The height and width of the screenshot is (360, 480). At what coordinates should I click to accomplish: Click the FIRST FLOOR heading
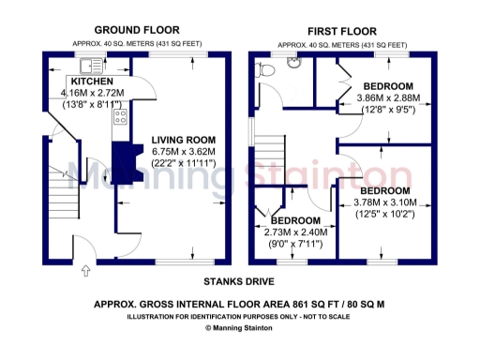(342, 29)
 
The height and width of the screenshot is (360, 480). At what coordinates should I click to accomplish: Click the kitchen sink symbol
(91, 65)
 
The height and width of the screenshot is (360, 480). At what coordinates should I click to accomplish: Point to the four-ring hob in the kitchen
(120, 117)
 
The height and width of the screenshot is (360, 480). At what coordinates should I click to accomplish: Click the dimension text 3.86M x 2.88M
(388, 97)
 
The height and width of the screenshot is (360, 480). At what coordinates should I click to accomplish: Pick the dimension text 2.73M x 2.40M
(292, 232)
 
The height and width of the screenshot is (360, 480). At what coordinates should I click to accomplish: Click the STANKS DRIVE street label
(239, 280)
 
